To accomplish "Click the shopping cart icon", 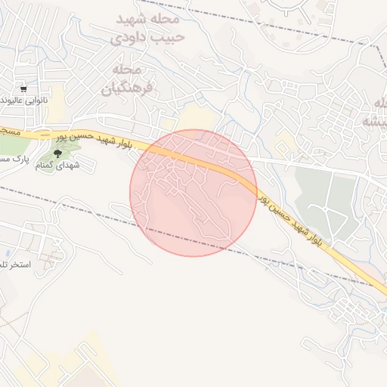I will coord(24,88).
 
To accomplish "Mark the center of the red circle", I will coord(193,193).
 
